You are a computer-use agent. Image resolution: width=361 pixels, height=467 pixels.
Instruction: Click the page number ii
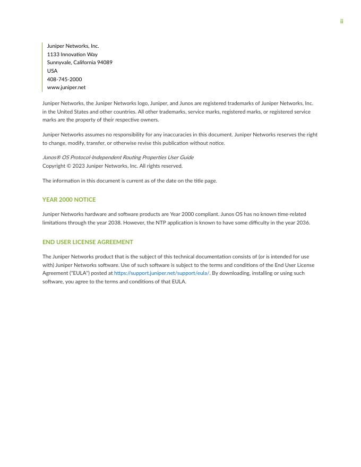pyautogui.click(x=341, y=21)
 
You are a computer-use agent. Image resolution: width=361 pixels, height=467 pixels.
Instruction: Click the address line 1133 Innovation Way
pyautogui.click(x=72, y=54)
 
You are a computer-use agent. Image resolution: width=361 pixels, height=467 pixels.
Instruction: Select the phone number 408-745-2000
pyautogui.click(x=64, y=79)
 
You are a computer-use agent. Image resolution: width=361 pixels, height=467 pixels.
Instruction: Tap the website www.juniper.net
pyautogui.click(x=66, y=88)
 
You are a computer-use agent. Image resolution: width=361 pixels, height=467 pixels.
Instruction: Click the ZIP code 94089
pyautogui.click(x=105, y=63)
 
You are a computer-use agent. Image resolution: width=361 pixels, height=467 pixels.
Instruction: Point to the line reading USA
pyautogui.click(x=52, y=71)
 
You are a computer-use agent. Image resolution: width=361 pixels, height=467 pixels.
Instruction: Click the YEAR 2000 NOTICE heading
pyautogui.click(x=69, y=200)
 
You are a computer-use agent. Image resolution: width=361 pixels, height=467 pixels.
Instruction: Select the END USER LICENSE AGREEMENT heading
pyautogui.click(x=88, y=242)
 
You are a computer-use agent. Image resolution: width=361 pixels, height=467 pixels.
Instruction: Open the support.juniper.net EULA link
pyautogui.click(x=161, y=273)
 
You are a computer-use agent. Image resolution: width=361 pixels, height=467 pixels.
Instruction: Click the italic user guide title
pyautogui.click(x=118, y=158)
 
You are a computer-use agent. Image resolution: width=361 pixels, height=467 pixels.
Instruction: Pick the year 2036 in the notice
pyautogui.click(x=303, y=223)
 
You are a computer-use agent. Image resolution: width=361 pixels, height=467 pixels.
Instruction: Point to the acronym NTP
pyautogui.click(x=157, y=223)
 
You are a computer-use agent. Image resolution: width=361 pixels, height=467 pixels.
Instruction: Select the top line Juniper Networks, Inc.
pyautogui.click(x=73, y=46)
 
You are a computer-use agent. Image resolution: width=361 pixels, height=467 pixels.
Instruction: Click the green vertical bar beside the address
pyautogui.click(x=42, y=67)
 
